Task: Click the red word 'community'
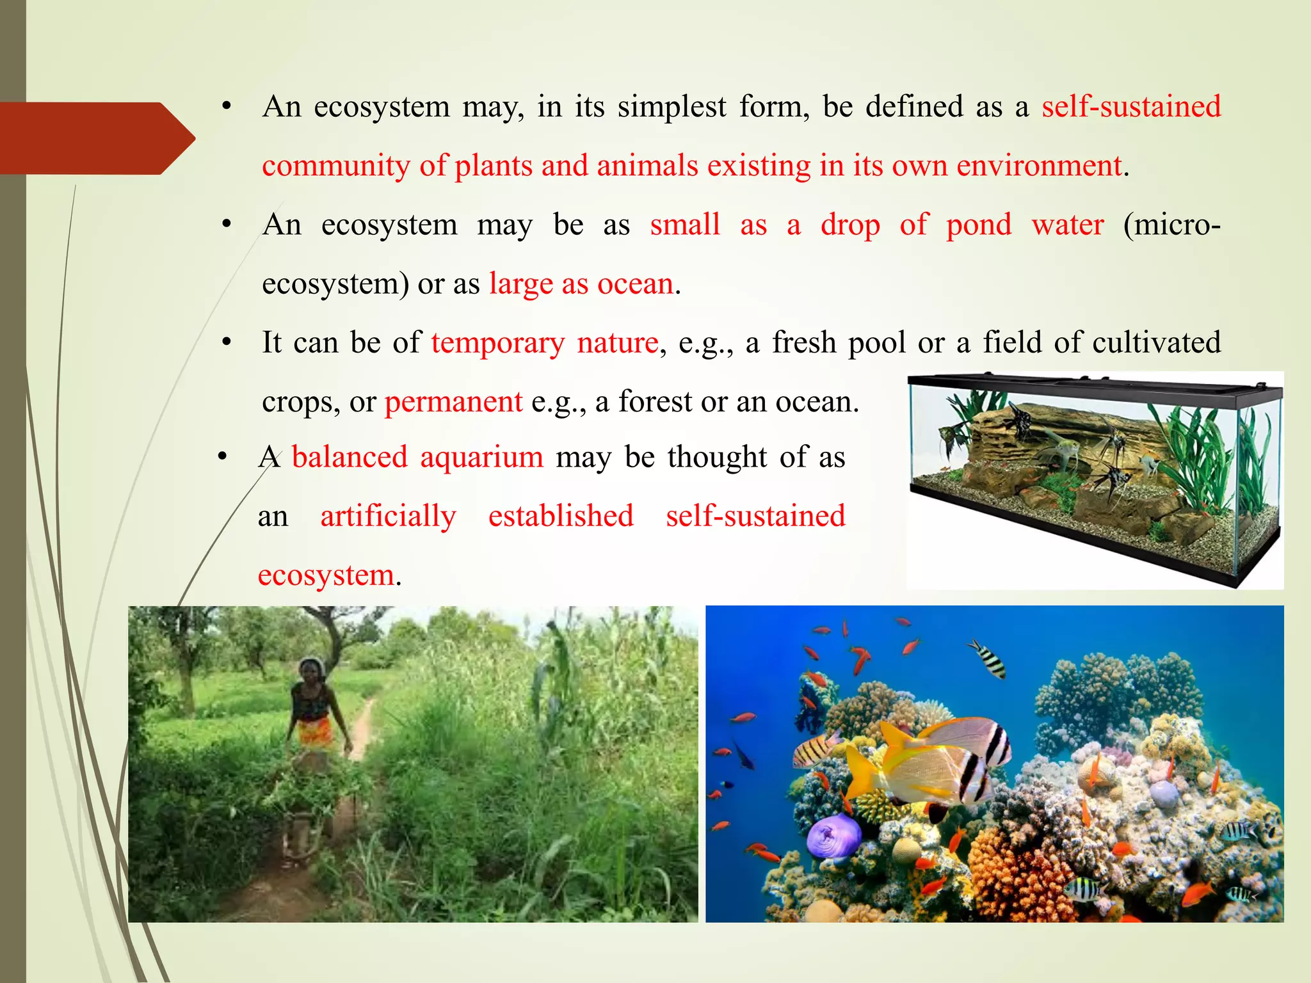coord(336,166)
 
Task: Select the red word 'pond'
coord(979,225)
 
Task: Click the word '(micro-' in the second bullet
coord(1172,225)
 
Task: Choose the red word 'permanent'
coord(453,403)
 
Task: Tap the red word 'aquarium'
coord(481,458)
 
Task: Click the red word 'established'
coord(561,516)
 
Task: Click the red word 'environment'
coord(1040,166)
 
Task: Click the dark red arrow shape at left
coord(90,138)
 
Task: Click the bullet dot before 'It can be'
coord(226,343)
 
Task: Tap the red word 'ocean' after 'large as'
coord(635,284)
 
